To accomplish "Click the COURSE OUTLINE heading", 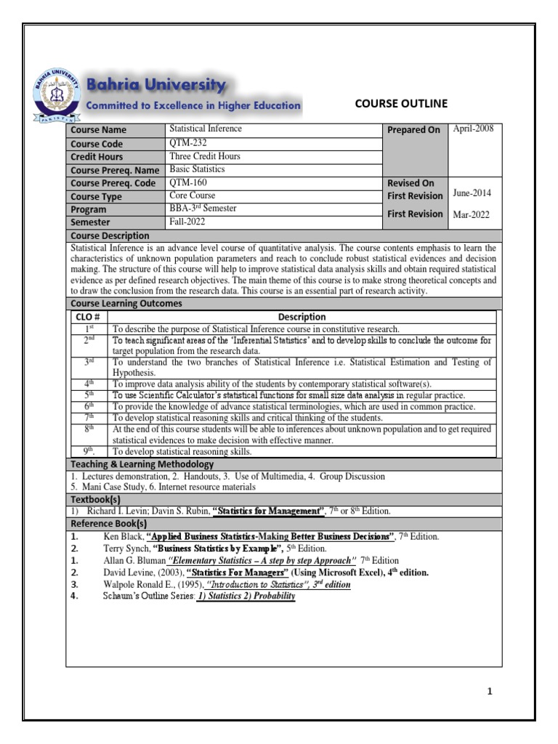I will tap(400, 103).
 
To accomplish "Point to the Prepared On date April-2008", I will tap(473, 129).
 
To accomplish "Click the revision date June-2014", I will tap(472, 193).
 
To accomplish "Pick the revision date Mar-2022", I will tap(472, 215).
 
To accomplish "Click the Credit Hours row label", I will tap(97, 157).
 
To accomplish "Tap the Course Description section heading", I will tap(110, 236).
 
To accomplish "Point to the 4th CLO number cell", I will tap(89, 383).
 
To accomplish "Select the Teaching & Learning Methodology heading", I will tap(142, 464).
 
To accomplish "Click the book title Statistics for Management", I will tap(268, 511).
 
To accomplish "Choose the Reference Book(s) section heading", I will tap(108, 523).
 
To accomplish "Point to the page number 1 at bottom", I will tap(490, 692).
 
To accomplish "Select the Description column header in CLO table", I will tap(302, 317).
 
